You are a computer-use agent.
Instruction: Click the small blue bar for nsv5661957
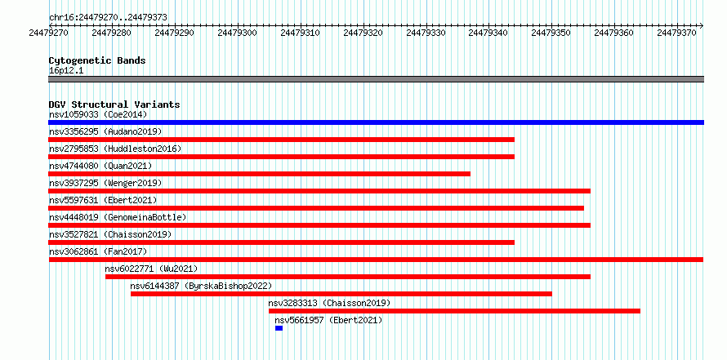pyautogui.click(x=279, y=328)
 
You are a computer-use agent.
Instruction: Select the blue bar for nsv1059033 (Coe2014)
pyautogui.click(x=376, y=122)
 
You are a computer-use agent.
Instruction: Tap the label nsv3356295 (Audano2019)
pyautogui.click(x=105, y=131)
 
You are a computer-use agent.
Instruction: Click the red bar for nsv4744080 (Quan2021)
pyautogui.click(x=260, y=174)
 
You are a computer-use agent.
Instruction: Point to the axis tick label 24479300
pyautogui.click(x=237, y=33)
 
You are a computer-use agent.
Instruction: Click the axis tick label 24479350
pyautogui.click(x=551, y=33)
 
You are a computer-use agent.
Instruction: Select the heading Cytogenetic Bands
pyautogui.click(x=97, y=60)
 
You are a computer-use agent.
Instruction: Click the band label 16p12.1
pyautogui.click(x=66, y=71)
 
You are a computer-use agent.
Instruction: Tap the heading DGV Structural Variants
pyautogui.click(x=114, y=104)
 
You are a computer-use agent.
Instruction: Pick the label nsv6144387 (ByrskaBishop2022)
pyautogui.click(x=201, y=286)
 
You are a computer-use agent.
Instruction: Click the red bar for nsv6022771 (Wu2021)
pyautogui.click(x=348, y=277)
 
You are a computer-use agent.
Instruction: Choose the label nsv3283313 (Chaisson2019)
pyautogui.click(x=330, y=303)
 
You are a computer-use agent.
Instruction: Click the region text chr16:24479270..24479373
pyautogui.click(x=108, y=18)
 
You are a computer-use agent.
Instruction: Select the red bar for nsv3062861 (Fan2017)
pyautogui.click(x=376, y=260)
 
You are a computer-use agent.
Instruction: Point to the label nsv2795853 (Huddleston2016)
pyautogui.click(x=115, y=149)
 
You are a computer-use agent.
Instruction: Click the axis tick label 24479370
pyautogui.click(x=676, y=33)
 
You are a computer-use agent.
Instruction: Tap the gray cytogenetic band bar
pyautogui.click(x=376, y=79)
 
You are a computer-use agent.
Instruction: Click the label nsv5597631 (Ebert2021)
pyautogui.click(x=104, y=200)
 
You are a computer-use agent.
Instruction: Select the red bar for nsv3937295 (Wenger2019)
pyautogui.click(x=319, y=191)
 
